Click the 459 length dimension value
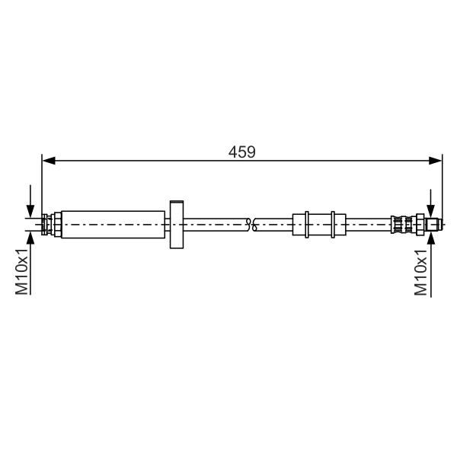(242, 152)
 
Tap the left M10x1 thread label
(22, 272)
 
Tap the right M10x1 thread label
(421, 272)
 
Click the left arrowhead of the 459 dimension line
(49, 160)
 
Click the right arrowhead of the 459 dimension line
(436, 160)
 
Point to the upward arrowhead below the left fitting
(30, 238)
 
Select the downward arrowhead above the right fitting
(431, 211)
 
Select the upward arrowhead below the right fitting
(431, 238)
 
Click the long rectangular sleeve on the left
(113, 225)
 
